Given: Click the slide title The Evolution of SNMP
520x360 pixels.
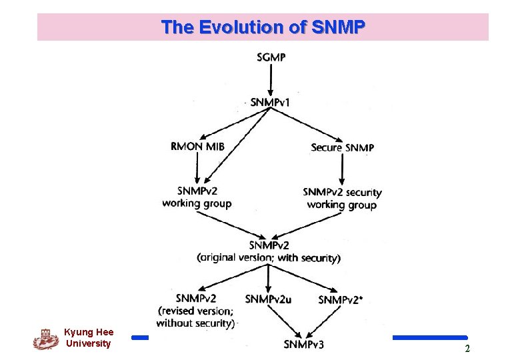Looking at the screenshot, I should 263,27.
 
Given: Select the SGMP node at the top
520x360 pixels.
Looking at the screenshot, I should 271,57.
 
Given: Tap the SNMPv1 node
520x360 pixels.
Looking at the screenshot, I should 270,102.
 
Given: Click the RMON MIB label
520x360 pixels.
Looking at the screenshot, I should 197,147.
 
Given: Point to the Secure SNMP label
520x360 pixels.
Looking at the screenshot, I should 342,147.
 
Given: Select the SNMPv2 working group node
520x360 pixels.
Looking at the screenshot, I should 197,197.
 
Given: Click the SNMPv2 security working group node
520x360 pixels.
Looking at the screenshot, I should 342,199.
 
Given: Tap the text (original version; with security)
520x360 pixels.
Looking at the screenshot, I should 269,258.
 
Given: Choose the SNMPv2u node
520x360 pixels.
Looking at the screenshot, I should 268,299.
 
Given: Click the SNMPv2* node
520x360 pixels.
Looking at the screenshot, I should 341,300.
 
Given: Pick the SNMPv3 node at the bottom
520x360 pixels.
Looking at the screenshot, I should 304,344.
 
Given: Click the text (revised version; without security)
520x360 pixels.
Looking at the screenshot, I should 195,317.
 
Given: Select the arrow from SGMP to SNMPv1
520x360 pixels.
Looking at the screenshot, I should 271,79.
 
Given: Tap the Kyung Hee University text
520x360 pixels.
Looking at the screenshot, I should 89,338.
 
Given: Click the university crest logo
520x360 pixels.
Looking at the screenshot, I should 45,339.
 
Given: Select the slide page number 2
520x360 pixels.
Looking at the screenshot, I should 467,349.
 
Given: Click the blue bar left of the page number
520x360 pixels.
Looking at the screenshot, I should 429,338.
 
